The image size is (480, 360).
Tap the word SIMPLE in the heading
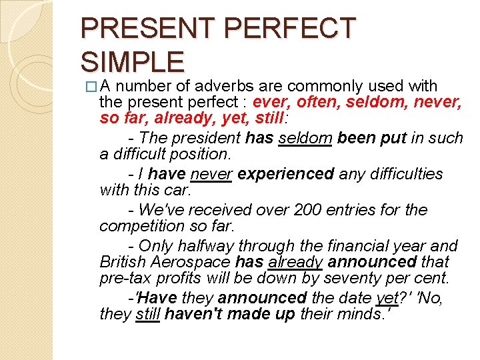tap(132, 61)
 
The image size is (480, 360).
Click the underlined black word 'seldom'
tap(305, 138)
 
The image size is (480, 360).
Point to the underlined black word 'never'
tap(211, 174)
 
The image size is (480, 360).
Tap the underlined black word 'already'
tap(296, 262)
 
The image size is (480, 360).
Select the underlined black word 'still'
tap(147, 314)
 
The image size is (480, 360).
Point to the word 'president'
tap(206, 138)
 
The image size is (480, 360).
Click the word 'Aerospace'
tap(198, 262)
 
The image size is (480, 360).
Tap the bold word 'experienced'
tap(285, 174)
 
